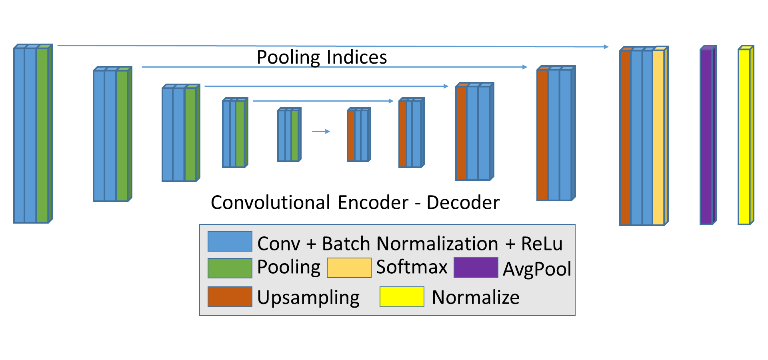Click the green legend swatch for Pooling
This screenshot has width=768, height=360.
click(230, 268)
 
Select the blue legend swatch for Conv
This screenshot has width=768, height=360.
click(230, 242)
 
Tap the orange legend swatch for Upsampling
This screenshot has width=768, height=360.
click(230, 297)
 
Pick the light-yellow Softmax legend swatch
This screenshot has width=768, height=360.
click(349, 268)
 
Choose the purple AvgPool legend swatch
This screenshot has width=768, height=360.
click(476, 268)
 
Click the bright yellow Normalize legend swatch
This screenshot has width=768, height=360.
click(402, 297)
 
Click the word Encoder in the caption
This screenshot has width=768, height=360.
click(373, 202)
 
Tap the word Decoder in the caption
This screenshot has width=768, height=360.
click(463, 202)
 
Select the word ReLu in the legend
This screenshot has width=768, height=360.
click(542, 244)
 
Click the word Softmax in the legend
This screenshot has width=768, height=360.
click(412, 267)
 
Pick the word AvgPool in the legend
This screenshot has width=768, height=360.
click(537, 269)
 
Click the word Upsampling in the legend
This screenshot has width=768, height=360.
click(308, 298)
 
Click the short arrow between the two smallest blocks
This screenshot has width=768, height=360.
click(321, 131)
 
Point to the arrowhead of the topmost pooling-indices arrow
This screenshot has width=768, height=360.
click(606, 47)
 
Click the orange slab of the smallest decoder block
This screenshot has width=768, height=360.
click(351, 135)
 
